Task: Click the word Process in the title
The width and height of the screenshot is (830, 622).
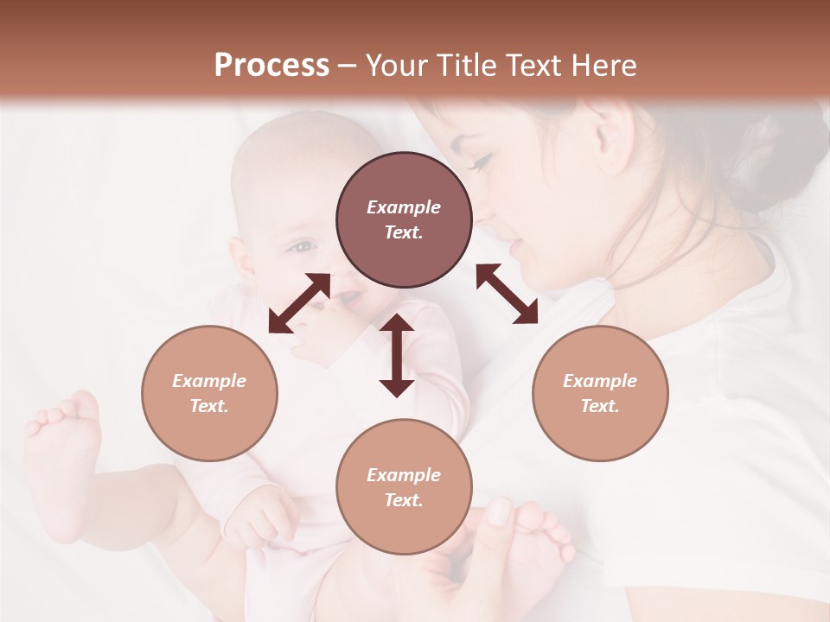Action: click(x=271, y=66)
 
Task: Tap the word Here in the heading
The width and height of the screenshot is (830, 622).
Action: click(x=602, y=66)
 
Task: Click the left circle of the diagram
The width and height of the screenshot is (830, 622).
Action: click(x=209, y=393)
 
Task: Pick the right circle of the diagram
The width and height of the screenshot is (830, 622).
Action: click(x=600, y=393)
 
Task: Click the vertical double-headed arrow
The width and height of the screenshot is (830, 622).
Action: click(x=397, y=355)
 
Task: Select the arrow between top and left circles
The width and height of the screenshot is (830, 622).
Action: click(x=299, y=303)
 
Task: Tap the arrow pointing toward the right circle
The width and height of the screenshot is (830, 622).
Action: click(x=508, y=294)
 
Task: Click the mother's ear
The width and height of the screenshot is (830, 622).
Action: click(x=610, y=130)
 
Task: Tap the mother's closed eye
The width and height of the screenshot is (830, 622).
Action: click(x=481, y=161)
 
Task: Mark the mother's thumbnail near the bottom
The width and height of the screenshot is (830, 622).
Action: click(x=501, y=512)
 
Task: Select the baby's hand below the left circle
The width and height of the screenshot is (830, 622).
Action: click(x=259, y=518)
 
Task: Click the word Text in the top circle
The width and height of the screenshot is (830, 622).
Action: click(x=403, y=232)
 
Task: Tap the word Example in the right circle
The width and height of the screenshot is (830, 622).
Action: click(x=600, y=381)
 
